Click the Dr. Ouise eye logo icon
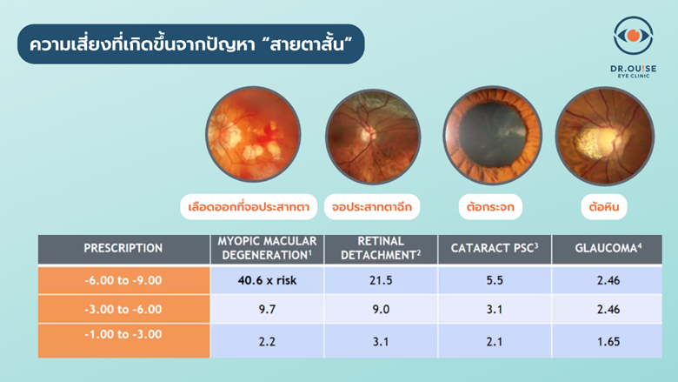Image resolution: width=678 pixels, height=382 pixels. tap(633, 36)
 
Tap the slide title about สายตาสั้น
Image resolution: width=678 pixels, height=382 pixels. tap(190, 44)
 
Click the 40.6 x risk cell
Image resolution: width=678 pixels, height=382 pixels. tap(267, 280)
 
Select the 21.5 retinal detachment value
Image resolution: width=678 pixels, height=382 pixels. tap(381, 280)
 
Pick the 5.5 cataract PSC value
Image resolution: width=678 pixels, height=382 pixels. tap(495, 280)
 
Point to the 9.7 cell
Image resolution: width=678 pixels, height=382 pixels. tap(267, 309)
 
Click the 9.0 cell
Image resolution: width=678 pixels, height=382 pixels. tap(381, 309)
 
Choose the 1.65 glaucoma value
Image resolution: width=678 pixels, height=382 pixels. tap(608, 342)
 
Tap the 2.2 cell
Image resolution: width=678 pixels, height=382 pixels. tap(267, 342)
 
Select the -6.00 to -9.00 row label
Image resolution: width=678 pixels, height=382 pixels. tap(123, 280)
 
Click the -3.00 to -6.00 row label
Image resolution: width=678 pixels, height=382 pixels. tap(123, 309)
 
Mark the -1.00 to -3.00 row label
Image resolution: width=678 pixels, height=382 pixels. tap(123, 334)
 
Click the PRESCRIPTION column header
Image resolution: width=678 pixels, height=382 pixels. tap(123, 248)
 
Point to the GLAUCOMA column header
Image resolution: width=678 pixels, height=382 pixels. tap(608, 248)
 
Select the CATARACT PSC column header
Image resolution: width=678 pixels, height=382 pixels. tap(495, 248)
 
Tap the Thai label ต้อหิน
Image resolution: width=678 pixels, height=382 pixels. tap(604, 207)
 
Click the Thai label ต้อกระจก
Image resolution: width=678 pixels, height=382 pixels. tap(490, 207)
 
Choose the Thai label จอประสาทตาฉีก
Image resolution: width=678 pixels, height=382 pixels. tap(372, 207)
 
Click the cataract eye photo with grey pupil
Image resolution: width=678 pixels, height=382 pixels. tap(493, 135)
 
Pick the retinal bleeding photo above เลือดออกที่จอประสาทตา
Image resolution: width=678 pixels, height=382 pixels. tap(253, 134)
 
